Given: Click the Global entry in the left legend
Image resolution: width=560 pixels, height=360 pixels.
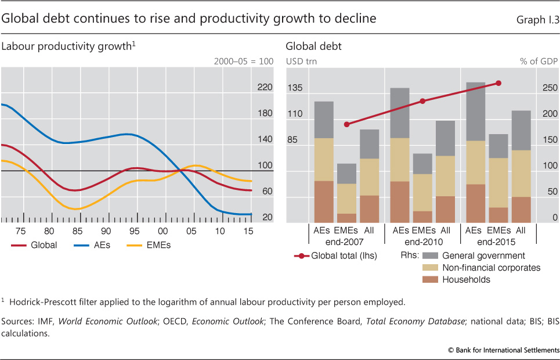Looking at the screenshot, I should (34, 245).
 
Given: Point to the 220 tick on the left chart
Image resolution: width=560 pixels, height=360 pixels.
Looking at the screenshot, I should (265, 88).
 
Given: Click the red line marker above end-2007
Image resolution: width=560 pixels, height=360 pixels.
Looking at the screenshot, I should (347, 124).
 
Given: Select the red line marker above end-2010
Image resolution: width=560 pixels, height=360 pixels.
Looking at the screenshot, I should (422, 101).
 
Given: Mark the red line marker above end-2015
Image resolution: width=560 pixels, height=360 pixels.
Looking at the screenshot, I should (498, 83).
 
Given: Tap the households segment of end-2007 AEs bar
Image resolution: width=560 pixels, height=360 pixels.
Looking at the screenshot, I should (324, 201).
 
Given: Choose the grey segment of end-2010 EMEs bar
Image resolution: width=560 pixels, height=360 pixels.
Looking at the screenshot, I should (422, 164).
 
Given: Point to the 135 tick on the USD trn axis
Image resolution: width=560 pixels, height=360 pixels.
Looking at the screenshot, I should (295, 88).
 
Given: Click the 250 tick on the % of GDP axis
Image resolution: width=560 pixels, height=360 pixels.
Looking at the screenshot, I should (551, 88).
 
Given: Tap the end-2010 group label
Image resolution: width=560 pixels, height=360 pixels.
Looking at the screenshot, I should (422, 242).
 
